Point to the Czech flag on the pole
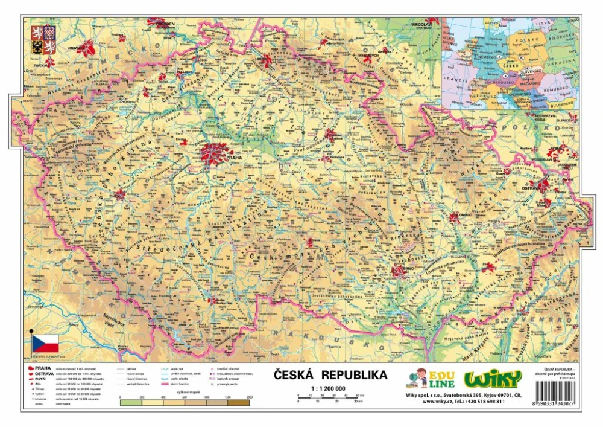45,344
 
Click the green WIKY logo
493,379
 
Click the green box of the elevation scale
130,403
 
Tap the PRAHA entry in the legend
42,368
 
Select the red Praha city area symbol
216,153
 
